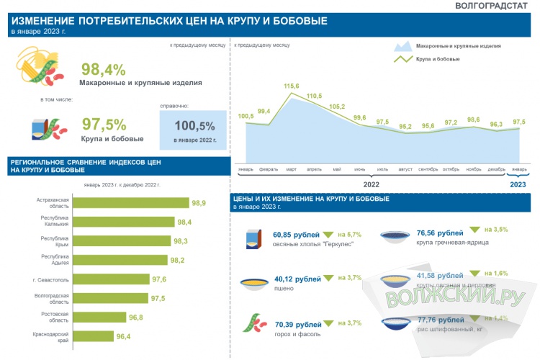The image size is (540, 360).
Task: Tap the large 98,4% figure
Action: (103, 69)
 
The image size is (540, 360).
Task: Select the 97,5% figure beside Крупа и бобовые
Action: (104, 123)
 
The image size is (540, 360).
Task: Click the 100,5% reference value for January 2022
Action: (194, 125)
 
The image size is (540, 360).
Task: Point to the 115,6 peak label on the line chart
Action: (292, 86)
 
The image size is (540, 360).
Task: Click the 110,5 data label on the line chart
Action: (314, 96)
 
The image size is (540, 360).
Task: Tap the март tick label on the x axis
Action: (292, 169)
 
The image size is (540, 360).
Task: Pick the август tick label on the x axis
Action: (405, 169)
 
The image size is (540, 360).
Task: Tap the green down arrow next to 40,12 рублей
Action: (329, 278)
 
